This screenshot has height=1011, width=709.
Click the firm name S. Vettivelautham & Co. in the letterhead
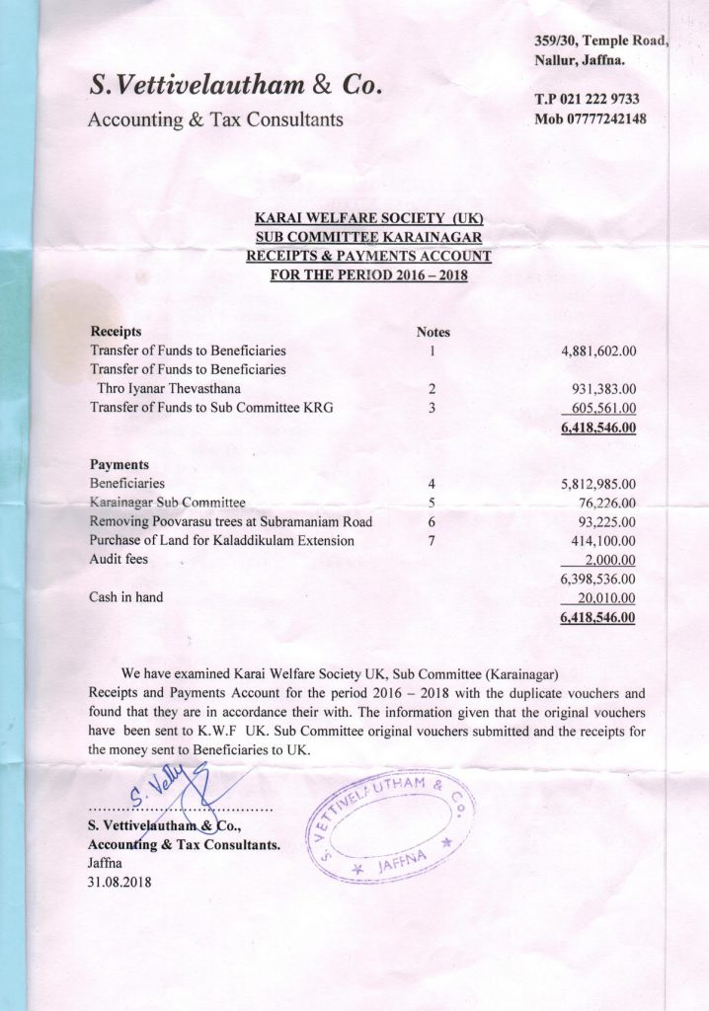point(236,87)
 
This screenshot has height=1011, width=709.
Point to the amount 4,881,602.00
point(598,350)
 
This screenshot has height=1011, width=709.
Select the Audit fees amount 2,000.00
point(609,560)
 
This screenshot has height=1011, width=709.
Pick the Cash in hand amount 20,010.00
point(604,598)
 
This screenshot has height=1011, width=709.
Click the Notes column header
point(433,333)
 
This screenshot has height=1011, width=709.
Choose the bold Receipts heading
point(116,332)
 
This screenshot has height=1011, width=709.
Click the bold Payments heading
point(118,464)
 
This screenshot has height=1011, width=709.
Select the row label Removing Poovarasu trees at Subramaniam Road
point(230,521)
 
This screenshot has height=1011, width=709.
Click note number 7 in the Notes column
point(432,541)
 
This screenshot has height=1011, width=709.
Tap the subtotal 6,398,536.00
point(598,579)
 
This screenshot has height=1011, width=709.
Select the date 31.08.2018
point(119,882)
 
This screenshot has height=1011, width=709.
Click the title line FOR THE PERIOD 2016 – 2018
point(368,274)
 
